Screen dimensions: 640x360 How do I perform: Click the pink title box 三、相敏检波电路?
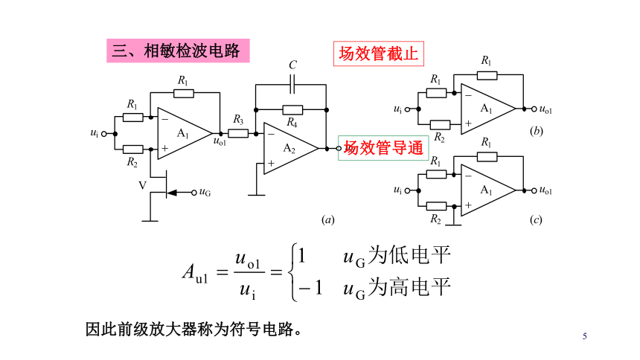(178, 51)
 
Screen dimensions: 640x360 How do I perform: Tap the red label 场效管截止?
(378, 54)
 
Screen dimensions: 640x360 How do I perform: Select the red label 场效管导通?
(383, 148)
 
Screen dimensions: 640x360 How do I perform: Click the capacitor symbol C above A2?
(292, 85)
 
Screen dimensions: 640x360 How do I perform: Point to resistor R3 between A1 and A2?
(238, 133)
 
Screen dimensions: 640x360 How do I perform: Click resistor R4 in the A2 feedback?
(292, 110)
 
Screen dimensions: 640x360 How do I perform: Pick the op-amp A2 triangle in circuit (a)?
(291, 149)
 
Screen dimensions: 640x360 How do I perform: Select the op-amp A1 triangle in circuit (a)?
(185, 133)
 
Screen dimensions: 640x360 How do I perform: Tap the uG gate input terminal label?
(205, 192)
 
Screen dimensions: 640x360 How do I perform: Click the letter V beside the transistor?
(142, 186)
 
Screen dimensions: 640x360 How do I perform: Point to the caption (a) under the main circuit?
(327, 220)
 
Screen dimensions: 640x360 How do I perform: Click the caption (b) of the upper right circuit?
(536, 131)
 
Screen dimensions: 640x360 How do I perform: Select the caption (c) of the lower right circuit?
(536, 220)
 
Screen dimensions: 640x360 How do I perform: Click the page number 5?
(584, 336)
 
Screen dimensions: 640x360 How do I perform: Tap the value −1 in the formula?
(311, 288)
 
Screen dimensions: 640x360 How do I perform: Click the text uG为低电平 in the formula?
(397, 256)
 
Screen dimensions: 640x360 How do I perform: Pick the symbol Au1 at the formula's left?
(195, 272)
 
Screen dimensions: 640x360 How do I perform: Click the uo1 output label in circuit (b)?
(545, 109)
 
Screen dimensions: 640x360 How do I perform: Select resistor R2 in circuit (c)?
(436, 206)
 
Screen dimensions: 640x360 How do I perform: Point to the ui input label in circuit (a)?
(95, 133)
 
